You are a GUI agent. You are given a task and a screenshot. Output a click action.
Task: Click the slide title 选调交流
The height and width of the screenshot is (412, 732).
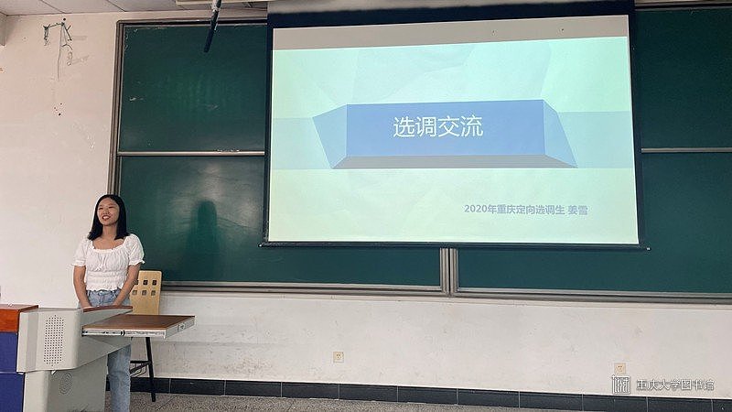pos(438,126)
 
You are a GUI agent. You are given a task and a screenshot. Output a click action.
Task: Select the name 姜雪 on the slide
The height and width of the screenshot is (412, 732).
pos(577,211)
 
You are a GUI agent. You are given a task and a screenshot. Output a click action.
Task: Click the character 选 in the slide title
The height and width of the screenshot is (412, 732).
pos(403,126)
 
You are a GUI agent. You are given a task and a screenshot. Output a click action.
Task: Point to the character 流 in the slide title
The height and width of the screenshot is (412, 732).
pos(472,126)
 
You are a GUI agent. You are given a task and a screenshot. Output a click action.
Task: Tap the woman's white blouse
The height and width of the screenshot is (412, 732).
pos(108,262)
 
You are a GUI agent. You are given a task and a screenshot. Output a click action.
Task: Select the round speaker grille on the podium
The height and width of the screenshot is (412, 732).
pos(53,340)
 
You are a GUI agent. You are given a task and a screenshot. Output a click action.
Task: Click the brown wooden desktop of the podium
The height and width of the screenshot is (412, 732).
pos(139,321)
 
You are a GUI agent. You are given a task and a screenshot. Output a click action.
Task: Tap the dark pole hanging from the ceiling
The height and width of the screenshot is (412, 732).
pos(212,26)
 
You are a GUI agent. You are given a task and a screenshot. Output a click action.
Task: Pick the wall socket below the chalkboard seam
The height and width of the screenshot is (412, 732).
pos(338,357)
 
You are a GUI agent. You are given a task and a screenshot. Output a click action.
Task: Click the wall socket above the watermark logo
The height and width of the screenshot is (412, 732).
pos(619,368)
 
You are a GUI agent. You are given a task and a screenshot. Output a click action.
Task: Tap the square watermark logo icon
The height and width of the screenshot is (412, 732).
pos(621,385)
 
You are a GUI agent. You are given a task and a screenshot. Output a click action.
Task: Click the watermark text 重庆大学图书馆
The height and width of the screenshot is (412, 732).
pos(675,385)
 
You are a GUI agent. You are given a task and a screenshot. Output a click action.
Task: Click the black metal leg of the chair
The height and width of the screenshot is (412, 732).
pos(151,370)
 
